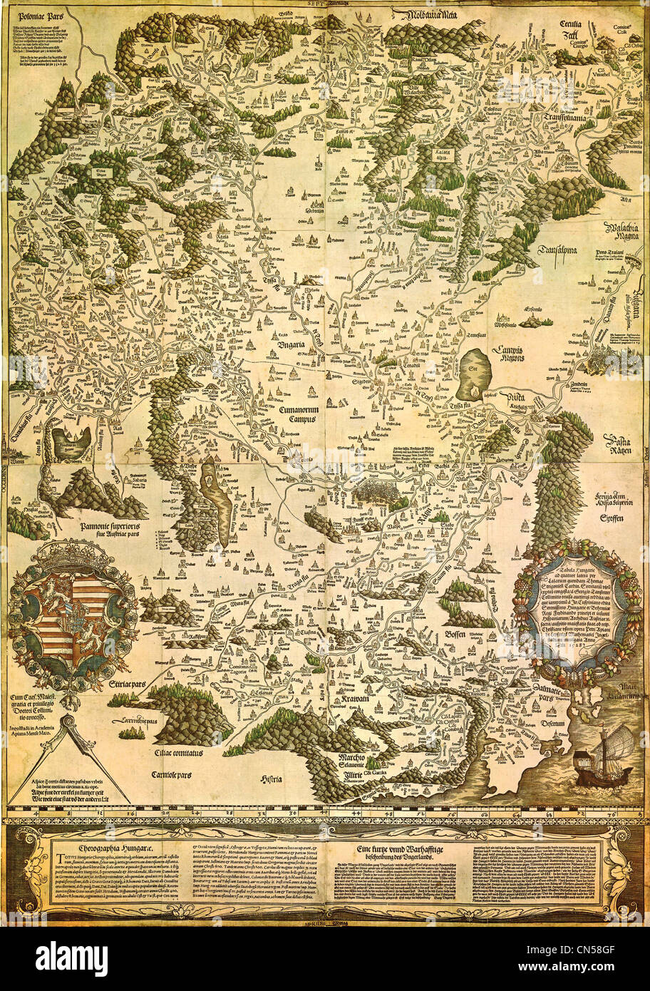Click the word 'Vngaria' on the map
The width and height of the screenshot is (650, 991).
[292, 345]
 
